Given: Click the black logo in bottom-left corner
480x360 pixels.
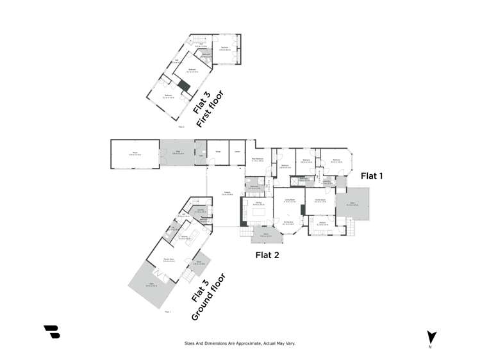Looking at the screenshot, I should (x=51, y=331).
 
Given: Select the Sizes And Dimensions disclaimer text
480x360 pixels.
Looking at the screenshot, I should (x=240, y=343).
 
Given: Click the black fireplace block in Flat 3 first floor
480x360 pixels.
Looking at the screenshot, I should (x=184, y=86).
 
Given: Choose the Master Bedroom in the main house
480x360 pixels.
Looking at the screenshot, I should (x=258, y=160).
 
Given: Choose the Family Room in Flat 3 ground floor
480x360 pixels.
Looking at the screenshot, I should (x=169, y=258).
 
